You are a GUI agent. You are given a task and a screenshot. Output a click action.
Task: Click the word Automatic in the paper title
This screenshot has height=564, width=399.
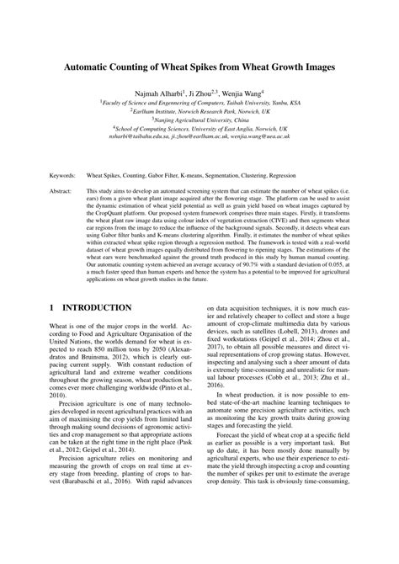[x=98, y=66]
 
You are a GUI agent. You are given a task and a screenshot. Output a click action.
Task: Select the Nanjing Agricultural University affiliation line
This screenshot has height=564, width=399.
[x=201, y=120]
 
